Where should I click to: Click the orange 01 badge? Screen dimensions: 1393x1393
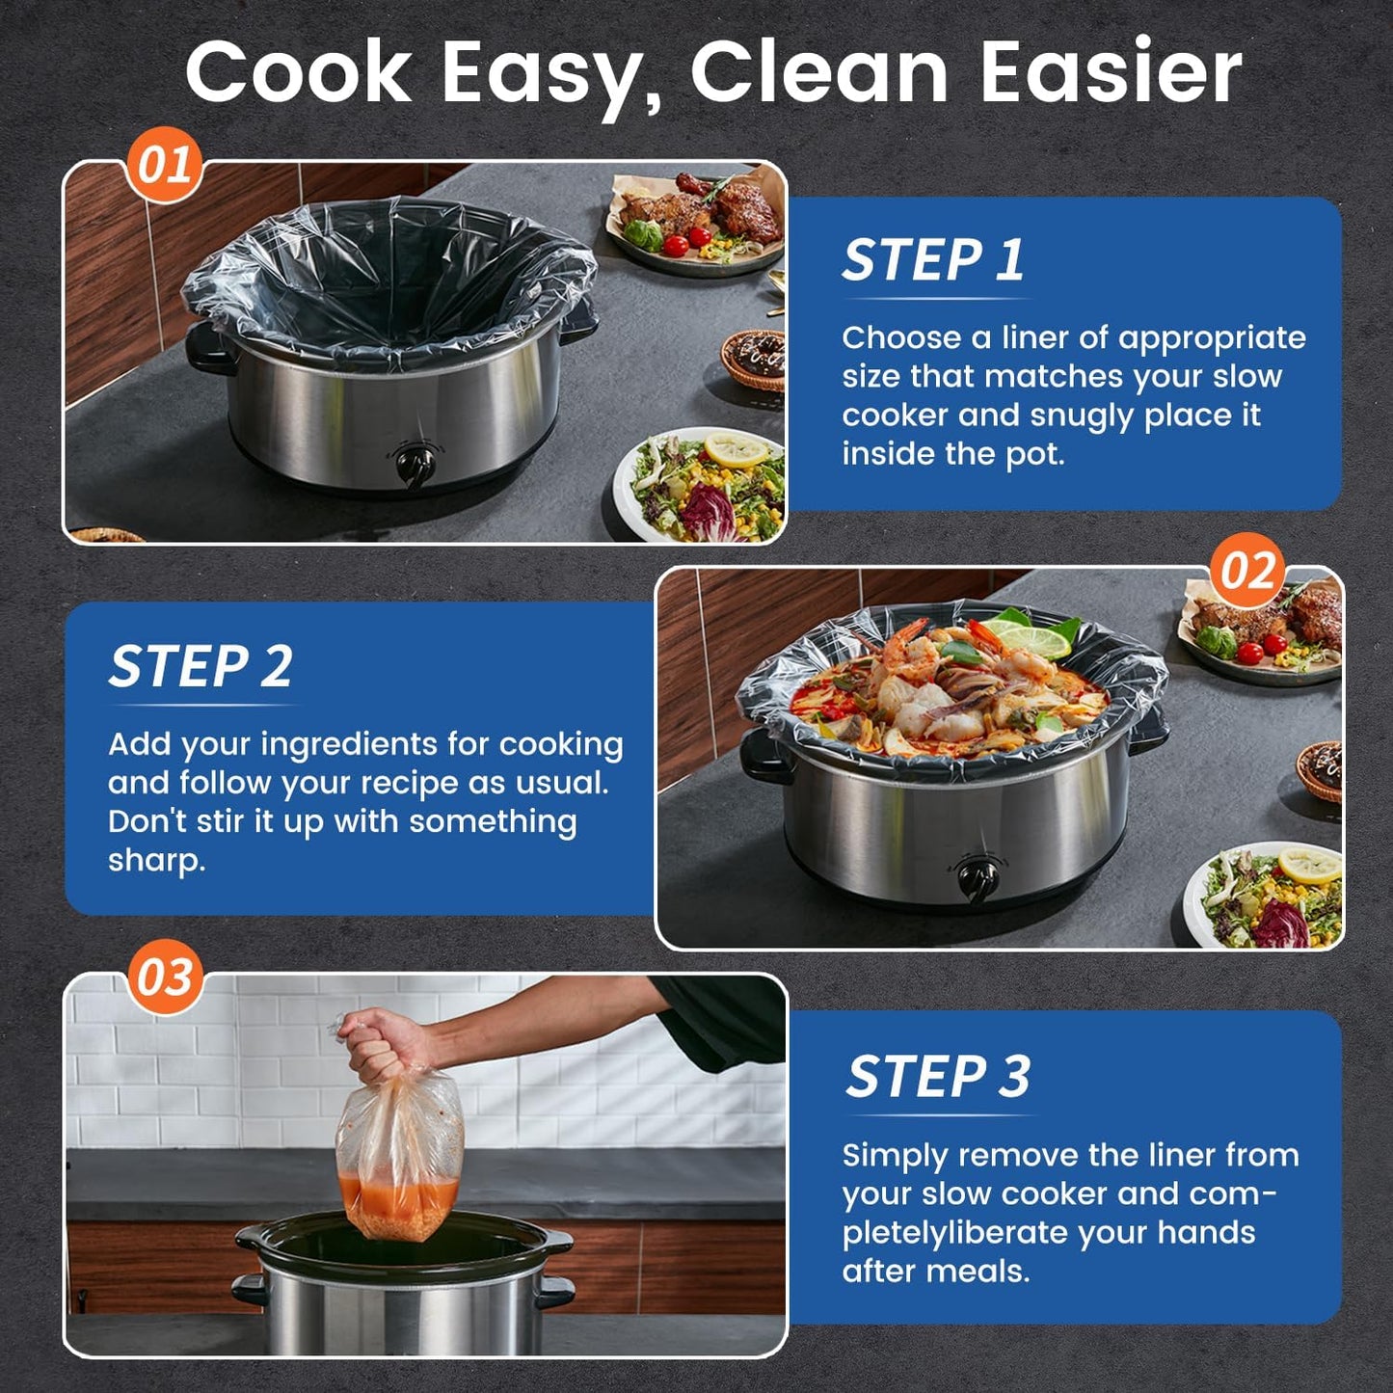tap(164, 166)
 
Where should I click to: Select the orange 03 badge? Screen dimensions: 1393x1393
tap(165, 978)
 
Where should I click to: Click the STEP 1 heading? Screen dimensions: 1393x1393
tap(932, 260)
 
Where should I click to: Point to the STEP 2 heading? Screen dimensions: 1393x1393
tap(201, 666)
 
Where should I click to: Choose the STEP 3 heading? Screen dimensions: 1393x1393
tap(937, 1076)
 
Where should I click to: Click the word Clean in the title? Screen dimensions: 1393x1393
tap(819, 72)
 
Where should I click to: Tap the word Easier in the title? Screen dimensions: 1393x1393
tap(1111, 72)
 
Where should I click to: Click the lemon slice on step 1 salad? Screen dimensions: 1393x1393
tap(735, 449)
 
